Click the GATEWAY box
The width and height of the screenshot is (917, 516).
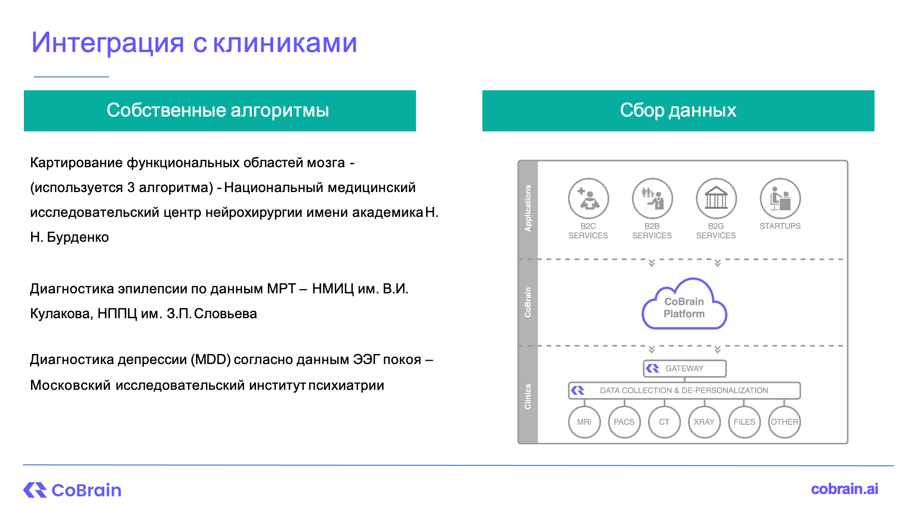pyautogui.click(x=685, y=368)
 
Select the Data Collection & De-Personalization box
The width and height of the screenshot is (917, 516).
pyautogui.click(x=684, y=390)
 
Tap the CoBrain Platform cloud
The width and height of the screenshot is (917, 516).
pyautogui.click(x=684, y=304)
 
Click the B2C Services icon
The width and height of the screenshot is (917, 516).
pyautogui.click(x=588, y=198)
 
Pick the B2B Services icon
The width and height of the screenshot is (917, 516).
pyautogui.click(x=652, y=198)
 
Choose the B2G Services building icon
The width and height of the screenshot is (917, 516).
pyautogui.click(x=716, y=198)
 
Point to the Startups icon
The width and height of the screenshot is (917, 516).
pyautogui.click(x=780, y=198)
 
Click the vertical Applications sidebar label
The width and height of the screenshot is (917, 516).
pyautogui.click(x=528, y=208)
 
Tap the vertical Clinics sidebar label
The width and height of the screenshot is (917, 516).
pyautogui.click(x=528, y=397)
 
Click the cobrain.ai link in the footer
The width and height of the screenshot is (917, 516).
pyautogui.click(x=844, y=489)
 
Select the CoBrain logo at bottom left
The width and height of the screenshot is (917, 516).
pyautogui.click(x=72, y=490)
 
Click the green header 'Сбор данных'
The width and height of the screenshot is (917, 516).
pyautogui.click(x=678, y=111)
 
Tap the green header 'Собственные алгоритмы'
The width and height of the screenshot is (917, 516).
pyautogui.click(x=220, y=111)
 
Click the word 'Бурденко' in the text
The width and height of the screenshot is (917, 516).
pyautogui.click(x=78, y=237)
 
